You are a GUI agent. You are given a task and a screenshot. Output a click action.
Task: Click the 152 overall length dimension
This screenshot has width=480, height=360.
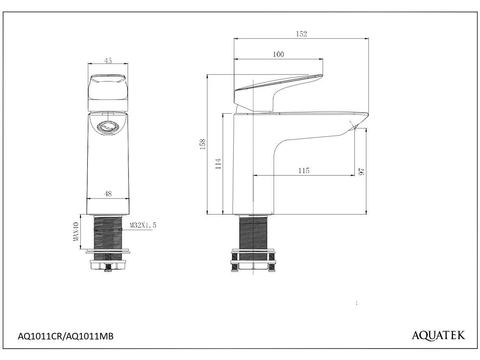(301, 34)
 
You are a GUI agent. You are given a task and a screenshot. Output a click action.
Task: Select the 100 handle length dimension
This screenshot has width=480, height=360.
(278, 55)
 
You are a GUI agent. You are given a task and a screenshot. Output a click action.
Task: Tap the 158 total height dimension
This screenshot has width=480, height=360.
(203, 144)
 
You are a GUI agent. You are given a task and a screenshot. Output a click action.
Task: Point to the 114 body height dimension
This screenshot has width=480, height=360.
(218, 164)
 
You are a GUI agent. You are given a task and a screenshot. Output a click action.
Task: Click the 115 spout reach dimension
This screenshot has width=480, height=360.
(304, 170)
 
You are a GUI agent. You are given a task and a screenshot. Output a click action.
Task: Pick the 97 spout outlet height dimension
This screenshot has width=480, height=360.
(362, 171)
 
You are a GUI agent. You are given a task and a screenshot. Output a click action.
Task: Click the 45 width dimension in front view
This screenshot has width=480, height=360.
(108, 61)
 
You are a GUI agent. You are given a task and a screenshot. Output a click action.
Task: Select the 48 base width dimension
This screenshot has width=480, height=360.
(108, 194)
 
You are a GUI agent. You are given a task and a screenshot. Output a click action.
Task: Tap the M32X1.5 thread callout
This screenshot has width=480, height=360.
(143, 225)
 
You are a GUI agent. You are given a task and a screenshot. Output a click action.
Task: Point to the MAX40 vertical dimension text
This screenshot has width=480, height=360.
(76, 232)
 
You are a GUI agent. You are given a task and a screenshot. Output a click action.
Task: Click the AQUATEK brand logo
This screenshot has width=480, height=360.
(438, 335)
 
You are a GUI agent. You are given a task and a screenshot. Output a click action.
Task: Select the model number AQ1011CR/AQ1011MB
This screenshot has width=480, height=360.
(66, 336)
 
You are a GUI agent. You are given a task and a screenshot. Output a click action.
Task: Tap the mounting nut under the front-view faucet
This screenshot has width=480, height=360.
(108, 265)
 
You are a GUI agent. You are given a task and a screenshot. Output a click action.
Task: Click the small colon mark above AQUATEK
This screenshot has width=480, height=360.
(357, 303)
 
